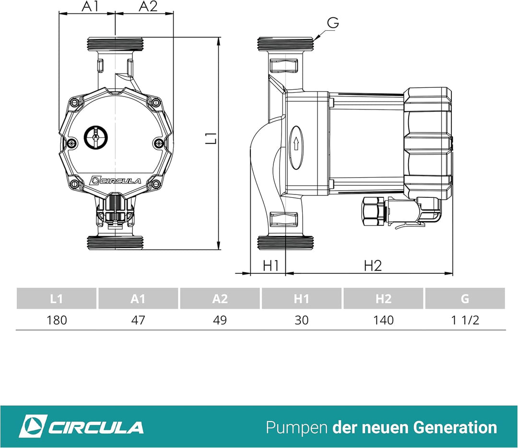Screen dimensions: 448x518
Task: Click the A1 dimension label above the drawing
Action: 90,7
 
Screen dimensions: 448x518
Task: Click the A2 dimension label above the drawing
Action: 148,7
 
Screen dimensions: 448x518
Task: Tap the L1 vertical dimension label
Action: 212,138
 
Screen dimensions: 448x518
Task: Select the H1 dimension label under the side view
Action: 271,265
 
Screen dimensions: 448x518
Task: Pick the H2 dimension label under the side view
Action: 372,265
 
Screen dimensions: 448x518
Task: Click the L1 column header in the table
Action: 57,299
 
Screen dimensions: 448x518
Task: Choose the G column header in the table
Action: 465,299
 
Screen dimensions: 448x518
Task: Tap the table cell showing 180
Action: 57,320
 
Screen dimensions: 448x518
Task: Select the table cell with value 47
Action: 138,320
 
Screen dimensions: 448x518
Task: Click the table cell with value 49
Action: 220,320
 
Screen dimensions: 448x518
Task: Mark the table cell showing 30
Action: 302,320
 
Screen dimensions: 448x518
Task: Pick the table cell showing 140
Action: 383,320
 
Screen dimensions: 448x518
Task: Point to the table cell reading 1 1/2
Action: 465,320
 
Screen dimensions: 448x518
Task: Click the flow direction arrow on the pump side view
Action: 296,142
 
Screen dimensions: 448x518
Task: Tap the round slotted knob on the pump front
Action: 96,137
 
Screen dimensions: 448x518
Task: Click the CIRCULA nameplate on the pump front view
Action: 116,181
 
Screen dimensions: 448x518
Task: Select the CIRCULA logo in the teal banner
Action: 81,427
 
